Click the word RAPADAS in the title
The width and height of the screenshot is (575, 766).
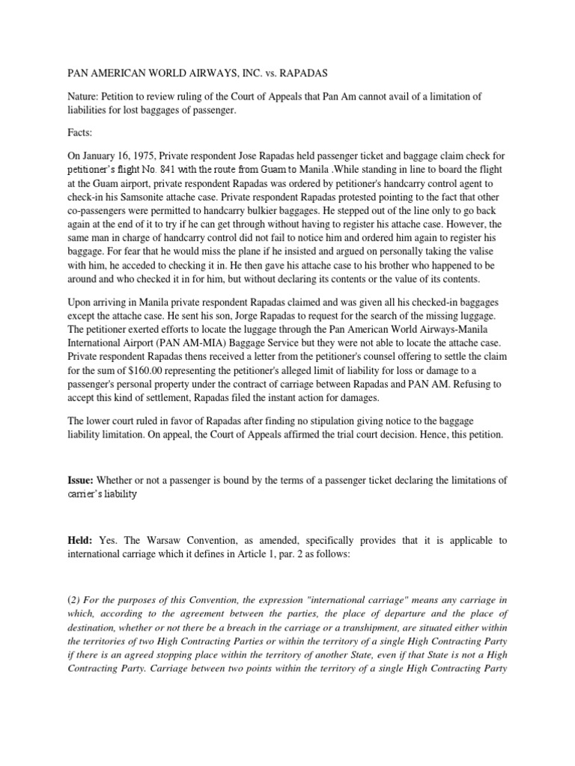tap(299, 75)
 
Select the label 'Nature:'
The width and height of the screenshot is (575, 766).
tap(85, 96)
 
